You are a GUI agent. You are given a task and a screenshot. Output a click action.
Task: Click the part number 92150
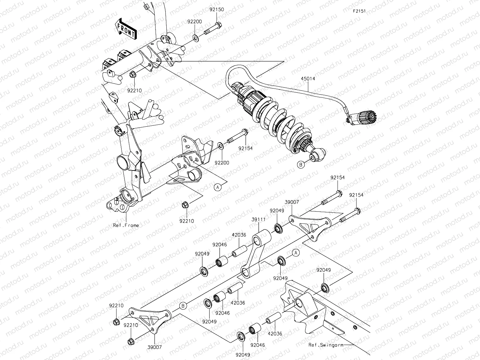[217, 10]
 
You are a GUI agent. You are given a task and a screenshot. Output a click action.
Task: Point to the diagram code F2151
[359, 11]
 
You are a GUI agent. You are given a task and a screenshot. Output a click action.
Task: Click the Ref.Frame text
[126, 225]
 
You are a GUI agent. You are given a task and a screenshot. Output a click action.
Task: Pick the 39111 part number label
[259, 219]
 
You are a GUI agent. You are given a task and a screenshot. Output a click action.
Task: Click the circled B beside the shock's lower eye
[301, 164]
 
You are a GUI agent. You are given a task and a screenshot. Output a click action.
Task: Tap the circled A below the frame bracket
[217, 187]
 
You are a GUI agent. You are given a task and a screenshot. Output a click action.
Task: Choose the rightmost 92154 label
[356, 195]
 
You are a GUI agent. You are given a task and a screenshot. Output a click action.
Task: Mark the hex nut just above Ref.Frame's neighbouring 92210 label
[184, 205]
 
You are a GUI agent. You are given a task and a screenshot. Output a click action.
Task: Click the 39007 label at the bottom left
[155, 347]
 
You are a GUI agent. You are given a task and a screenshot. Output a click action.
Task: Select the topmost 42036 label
[239, 235]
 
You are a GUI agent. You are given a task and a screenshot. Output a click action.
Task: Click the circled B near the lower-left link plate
[183, 306]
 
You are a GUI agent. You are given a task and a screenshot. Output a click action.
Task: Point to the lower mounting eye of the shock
[317, 156]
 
